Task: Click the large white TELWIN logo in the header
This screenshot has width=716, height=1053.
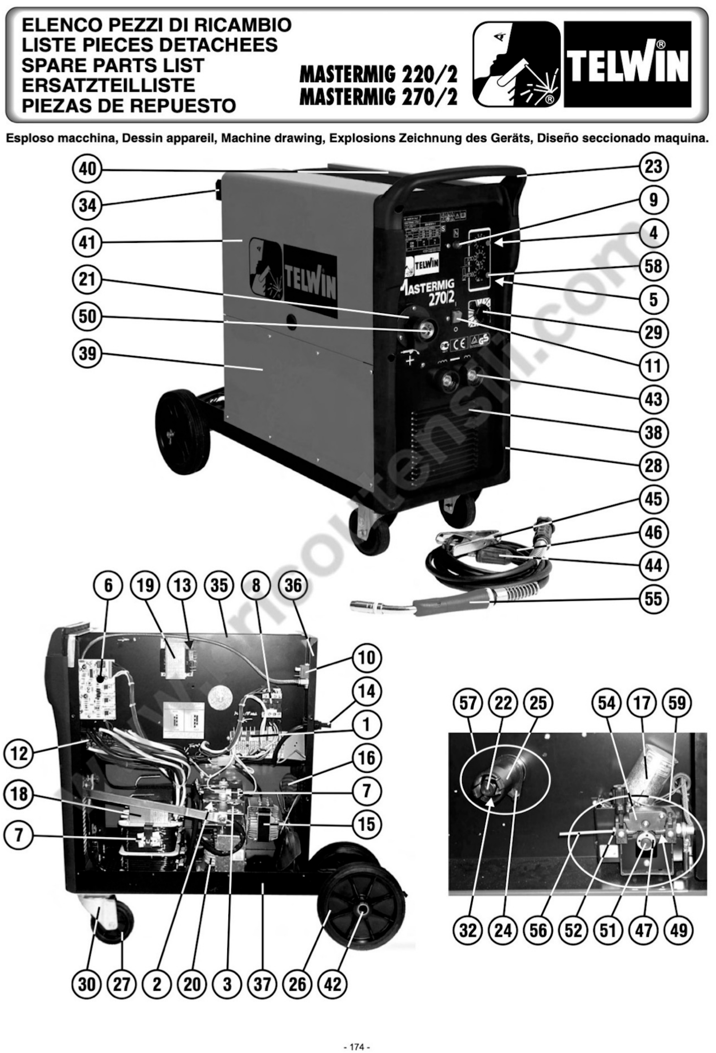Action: (x=627, y=65)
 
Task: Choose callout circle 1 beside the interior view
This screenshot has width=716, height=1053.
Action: (x=366, y=725)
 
